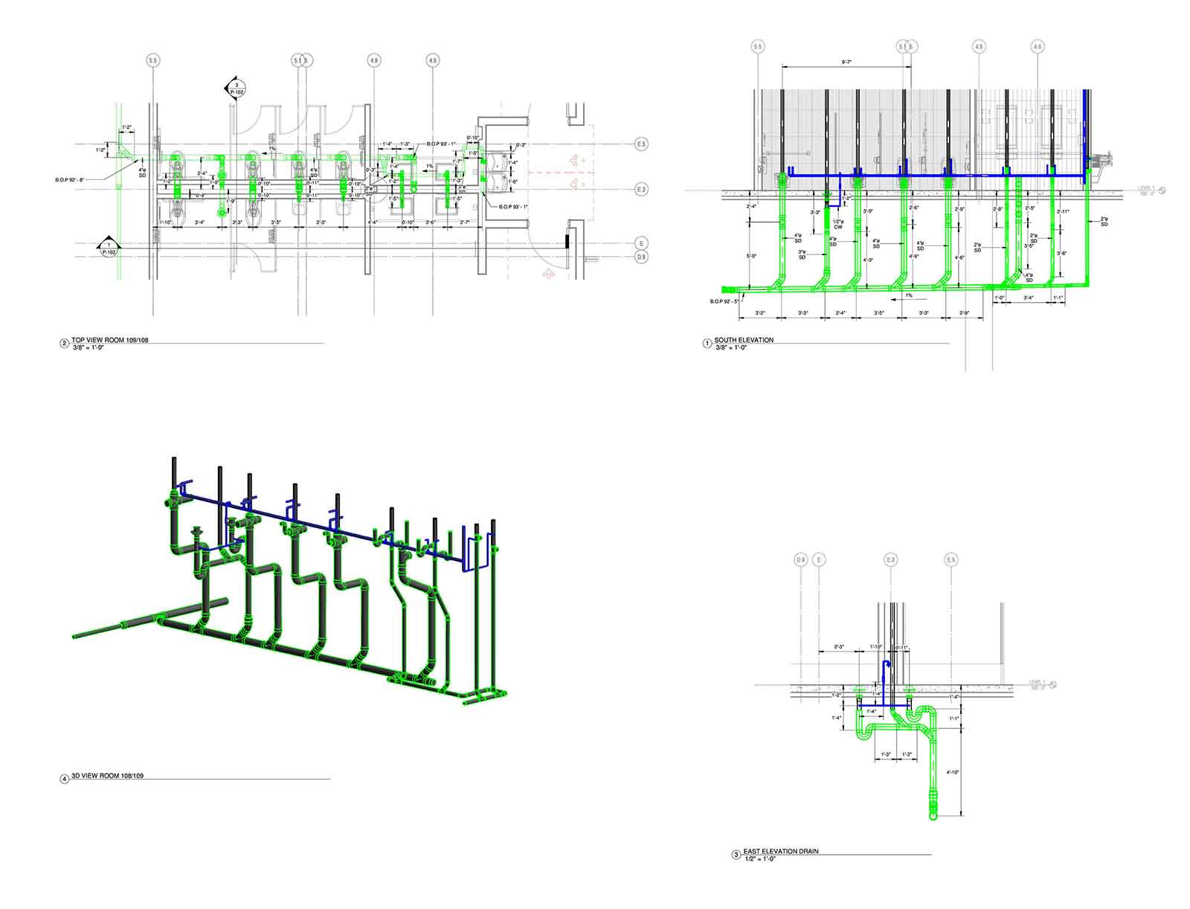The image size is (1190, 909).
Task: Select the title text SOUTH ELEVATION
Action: pos(744,340)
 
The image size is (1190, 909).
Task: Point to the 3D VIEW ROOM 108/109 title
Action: pos(107,776)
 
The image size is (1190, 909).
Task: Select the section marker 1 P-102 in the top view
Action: pos(109,248)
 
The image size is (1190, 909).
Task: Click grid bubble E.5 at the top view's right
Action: pos(641,143)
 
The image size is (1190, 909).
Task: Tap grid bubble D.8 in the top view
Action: pos(641,257)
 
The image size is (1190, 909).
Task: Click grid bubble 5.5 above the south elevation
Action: pos(758,47)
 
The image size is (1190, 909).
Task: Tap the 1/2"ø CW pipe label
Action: pos(837,224)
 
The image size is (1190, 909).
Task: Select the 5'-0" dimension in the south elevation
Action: pos(753,257)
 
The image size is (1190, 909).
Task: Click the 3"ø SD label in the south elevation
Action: pos(802,254)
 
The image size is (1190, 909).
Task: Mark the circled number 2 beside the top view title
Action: pos(64,344)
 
